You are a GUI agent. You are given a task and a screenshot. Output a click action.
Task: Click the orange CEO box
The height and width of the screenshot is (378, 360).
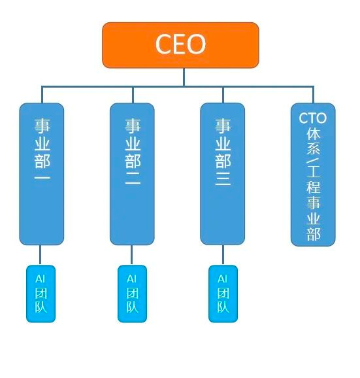coord(180,44)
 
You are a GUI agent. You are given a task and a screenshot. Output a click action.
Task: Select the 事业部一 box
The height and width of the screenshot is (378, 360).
coord(42,173)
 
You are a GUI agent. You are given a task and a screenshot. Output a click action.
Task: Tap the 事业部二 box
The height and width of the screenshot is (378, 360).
coord(132,173)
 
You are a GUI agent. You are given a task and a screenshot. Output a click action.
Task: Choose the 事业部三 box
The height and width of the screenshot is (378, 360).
coord(222,173)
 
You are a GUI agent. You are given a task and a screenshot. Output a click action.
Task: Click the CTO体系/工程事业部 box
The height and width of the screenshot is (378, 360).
coord(313,174)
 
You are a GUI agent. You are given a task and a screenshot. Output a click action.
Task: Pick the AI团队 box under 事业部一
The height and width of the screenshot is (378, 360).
coord(41,293)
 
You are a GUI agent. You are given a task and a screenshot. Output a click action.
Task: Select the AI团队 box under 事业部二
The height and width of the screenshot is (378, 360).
coord(132,293)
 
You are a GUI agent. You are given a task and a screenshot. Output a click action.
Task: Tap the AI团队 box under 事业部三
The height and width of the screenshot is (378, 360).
coord(223,293)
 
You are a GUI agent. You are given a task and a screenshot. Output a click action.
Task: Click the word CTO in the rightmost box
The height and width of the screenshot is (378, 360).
coord(313,118)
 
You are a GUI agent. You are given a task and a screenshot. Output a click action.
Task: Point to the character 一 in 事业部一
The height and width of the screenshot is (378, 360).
coord(42,179)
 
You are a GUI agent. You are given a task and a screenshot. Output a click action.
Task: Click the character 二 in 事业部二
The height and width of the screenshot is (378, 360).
coord(132,179)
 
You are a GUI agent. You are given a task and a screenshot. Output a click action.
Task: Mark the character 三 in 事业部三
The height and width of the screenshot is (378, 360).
coord(223,179)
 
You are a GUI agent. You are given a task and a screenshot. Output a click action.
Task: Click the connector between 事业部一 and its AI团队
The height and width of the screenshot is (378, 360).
coord(41,254)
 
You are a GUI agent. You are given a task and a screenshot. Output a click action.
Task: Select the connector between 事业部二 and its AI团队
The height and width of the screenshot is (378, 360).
coord(132,254)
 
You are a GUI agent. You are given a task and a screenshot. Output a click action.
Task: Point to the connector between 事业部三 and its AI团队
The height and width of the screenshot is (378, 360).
coord(223,254)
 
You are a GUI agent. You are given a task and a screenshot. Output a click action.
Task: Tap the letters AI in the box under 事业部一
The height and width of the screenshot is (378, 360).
coord(41,278)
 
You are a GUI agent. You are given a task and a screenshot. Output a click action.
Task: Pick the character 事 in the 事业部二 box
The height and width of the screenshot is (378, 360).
coord(132,124)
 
